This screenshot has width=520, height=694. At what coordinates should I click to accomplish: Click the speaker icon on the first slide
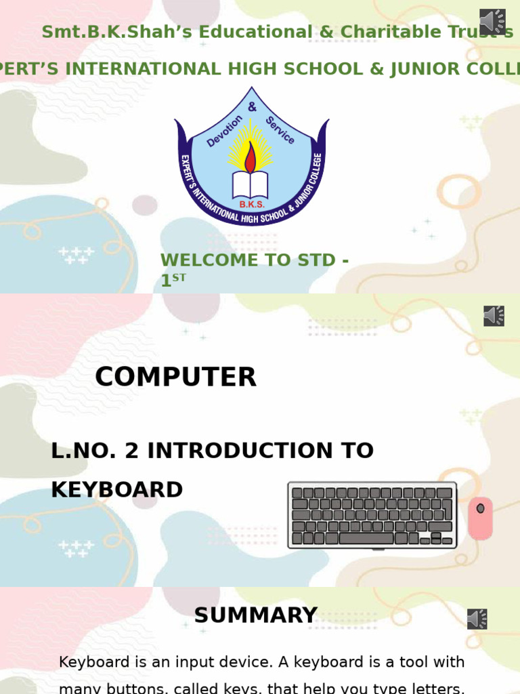click(x=492, y=22)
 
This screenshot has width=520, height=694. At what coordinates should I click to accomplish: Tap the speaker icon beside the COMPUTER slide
click(x=494, y=316)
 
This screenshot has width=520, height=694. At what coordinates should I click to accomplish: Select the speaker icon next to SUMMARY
click(x=477, y=619)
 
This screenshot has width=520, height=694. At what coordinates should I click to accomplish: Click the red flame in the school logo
click(x=251, y=158)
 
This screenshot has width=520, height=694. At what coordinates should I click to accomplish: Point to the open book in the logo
click(x=251, y=184)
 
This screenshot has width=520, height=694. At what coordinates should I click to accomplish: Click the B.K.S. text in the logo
click(x=251, y=204)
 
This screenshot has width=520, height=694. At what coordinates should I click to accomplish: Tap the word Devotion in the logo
click(x=224, y=131)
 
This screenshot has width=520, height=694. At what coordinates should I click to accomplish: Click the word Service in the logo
click(x=280, y=129)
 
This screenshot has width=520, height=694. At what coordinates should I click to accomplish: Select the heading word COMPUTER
click(x=175, y=377)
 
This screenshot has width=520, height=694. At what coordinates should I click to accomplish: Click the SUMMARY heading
click(x=255, y=615)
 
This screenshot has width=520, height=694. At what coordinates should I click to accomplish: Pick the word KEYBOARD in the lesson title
click(x=116, y=489)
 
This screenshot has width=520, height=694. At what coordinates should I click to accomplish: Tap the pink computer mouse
click(x=480, y=518)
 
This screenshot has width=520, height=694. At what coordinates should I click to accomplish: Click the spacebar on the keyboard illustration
click(x=366, y=539)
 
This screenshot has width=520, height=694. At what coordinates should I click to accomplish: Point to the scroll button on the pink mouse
click(x=480, y=508)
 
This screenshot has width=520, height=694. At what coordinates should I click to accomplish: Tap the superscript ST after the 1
click(x=179, y=277)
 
